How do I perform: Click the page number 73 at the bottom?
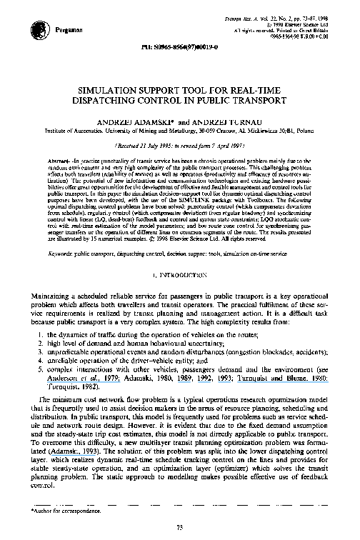(180, 527)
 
